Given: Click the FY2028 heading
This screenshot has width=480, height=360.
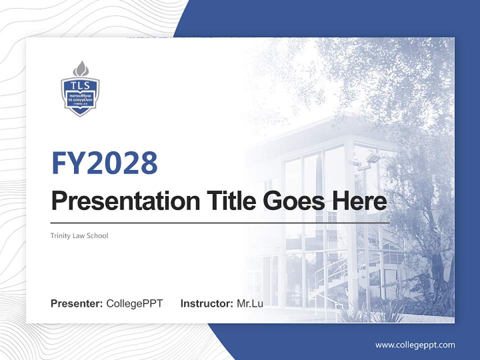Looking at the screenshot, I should click(x=104, y=163).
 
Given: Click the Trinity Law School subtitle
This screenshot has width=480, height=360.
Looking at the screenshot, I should click(x=79, y=235).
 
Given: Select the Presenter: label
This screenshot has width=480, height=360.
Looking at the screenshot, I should click(x=77, y=303).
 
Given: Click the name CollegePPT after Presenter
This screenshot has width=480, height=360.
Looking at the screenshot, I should click(x=134, y=303).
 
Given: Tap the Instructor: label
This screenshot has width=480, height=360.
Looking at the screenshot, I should click(x=206, y=303).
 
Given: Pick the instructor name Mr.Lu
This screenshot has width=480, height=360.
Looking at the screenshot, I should click(x=249, y=303).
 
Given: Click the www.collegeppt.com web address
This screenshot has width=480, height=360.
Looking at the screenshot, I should click(x=415, y=344).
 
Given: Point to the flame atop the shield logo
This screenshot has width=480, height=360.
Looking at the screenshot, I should click(x=80, y=68).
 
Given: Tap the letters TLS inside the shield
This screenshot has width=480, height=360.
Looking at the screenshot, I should click(x=80, y=84).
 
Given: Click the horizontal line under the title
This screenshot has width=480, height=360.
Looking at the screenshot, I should click(x=220, y=222).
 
